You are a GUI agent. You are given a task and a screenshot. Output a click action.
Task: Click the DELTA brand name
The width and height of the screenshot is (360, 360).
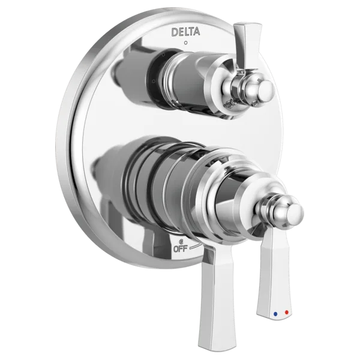[185, 32]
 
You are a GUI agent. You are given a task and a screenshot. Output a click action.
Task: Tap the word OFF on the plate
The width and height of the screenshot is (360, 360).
[181, 249]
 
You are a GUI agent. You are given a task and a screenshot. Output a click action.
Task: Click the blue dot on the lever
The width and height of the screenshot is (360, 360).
[275, 313]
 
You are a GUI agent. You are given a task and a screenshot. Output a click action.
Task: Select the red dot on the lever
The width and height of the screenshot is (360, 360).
[286, 312]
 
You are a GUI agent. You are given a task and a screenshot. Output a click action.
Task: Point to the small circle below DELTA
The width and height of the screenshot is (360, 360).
[186, 43]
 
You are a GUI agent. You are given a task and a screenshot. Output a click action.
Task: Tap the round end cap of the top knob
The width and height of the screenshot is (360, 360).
[267, 89]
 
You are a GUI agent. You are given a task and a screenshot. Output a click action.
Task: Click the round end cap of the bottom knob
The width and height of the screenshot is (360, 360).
[295, 213]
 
